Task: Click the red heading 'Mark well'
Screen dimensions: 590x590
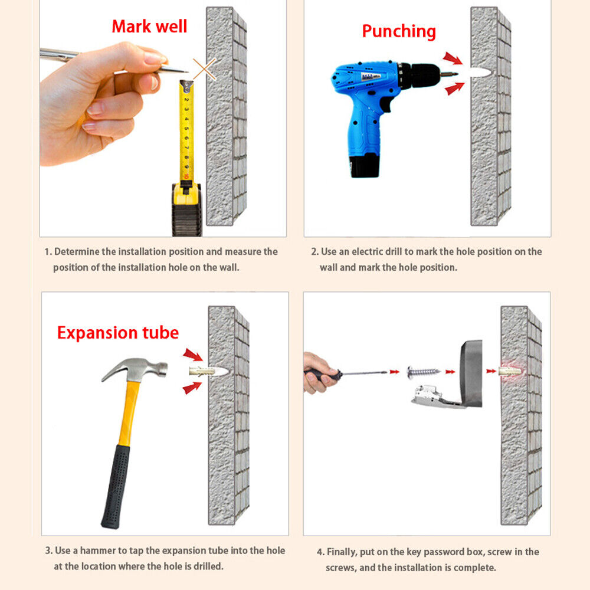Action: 149,27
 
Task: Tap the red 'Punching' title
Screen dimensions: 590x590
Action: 399,31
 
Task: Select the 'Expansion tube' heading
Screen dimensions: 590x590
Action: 118,333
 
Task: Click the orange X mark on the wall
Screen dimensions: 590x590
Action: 205,69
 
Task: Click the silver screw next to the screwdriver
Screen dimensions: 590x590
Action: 424,372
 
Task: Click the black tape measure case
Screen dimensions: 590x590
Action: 186,209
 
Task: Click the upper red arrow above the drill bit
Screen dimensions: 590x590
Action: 453,58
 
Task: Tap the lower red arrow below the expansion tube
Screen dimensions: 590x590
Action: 192,388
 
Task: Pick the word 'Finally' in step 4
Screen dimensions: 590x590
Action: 341,552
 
